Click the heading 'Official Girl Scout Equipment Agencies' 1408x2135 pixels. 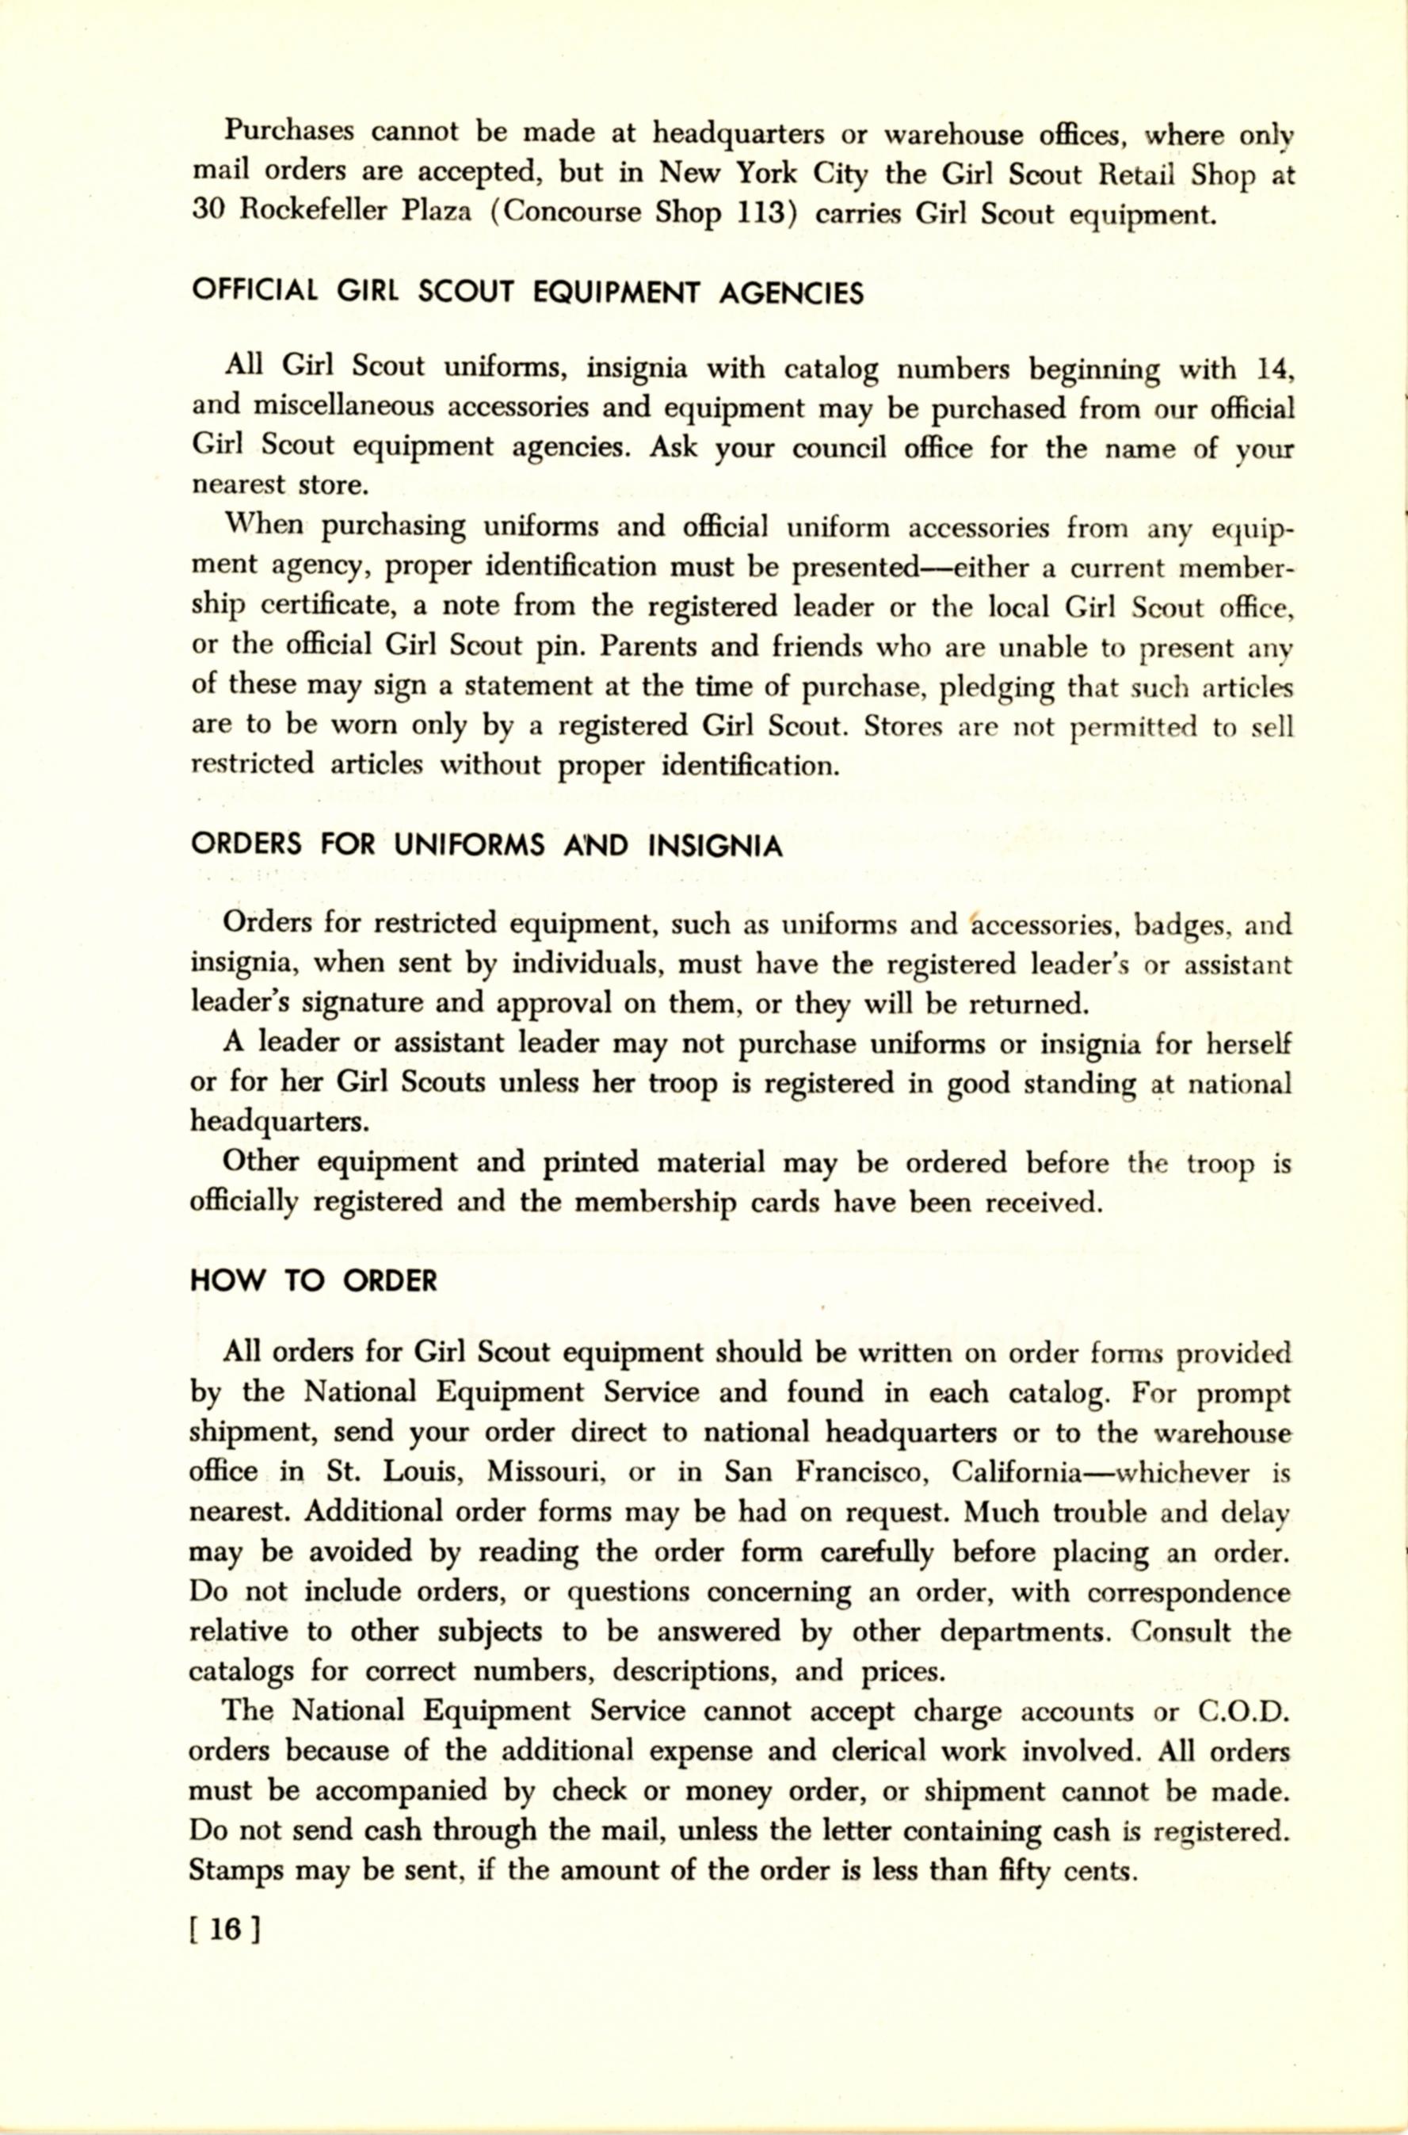(x=527, y=293)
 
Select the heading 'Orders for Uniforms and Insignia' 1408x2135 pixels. (x=486, y=846)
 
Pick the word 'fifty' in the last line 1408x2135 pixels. (x=1025, y=1872)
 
